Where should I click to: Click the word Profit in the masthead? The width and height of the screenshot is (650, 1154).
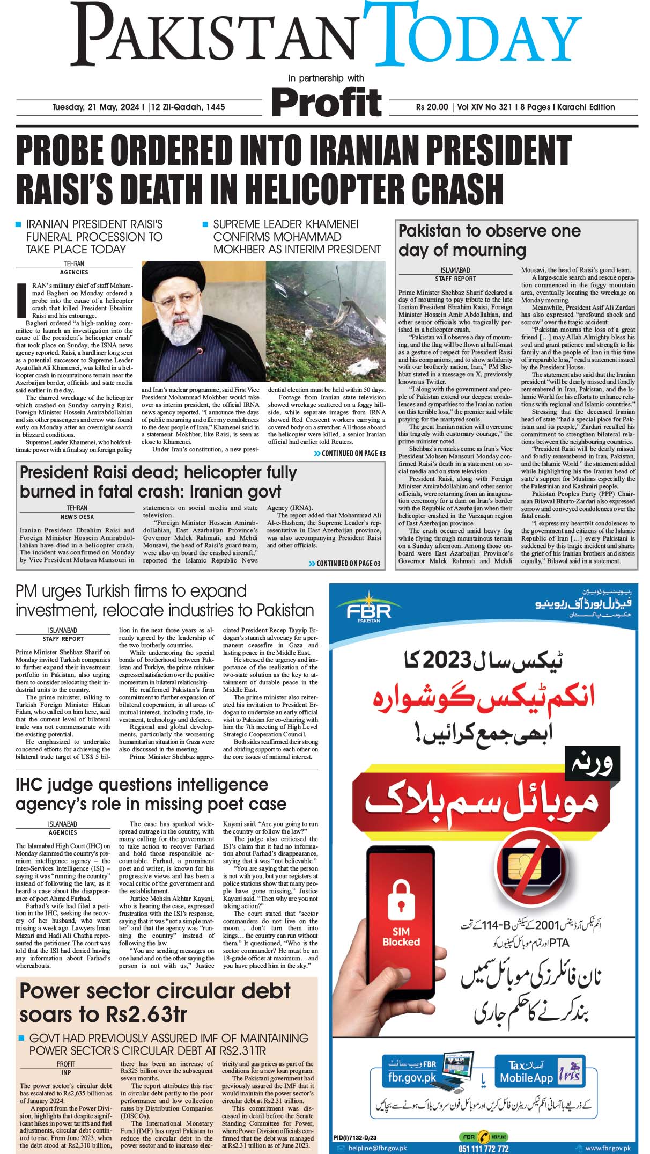tap(327, 103)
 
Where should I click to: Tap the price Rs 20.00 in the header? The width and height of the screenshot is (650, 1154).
tap(432, 107)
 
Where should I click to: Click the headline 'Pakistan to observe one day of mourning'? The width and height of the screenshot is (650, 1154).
tap(489, 240)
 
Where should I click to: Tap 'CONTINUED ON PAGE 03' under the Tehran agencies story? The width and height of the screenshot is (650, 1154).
tap(350, 454)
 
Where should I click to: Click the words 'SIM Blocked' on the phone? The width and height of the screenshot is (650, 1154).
tap(401, 937)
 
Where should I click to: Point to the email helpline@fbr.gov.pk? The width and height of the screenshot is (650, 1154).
tap(377, 1148)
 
